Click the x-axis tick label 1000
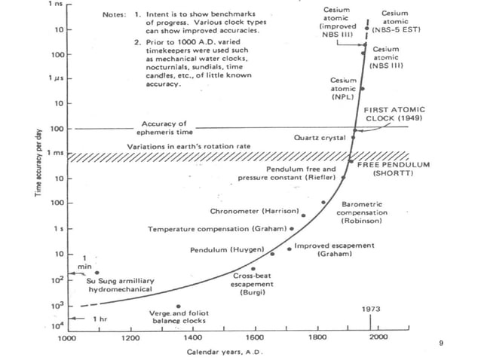pyautogui.click(x=67, y=338)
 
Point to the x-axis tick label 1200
pyautogui.click(x=130, y=338)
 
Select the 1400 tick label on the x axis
pyautogui.click(x=193, y=338)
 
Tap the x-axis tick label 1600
pyautogui.click(x=256, y=338)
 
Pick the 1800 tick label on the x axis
pyautogui.click(x=317, y=338)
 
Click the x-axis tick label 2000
pyautogui.click(x=378, y=338)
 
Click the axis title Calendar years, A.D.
pyautogui.click(x=224, y=351)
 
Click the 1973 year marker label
pyautogui.click(x=371, y=309)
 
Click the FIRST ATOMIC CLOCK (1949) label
pyautogui.click(x=398, y=114)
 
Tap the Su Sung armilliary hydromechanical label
pyautogui.click(x=120, y=284)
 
